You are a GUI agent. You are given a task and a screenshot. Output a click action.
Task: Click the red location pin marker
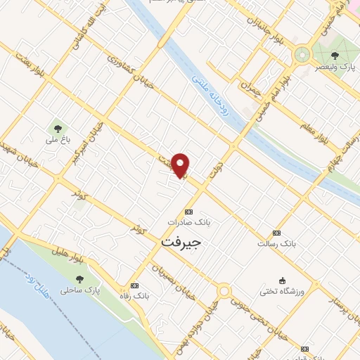(x=181, y=165)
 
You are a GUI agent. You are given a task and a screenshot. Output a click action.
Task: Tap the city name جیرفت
(x=181, y=242)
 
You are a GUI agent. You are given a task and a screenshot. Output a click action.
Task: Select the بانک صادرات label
(x=189, y=221)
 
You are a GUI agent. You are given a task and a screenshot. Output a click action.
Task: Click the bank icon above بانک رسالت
(x=276, y=233)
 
